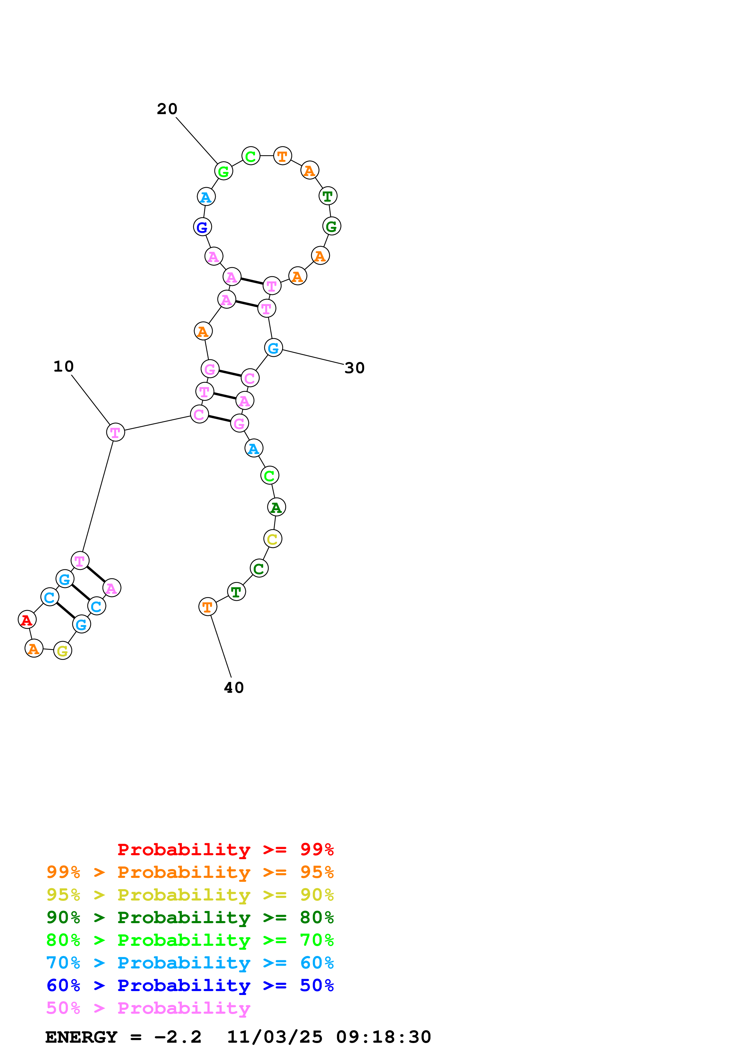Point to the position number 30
coord(354,368)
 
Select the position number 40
coord(234,688)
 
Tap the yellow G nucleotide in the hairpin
coord(62,651)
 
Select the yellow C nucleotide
coord(272,539)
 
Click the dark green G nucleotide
coord(331,226)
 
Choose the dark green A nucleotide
coord(276,507)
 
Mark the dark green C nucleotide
coord(259,569)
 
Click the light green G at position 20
coord(223,171)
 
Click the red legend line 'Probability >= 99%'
coord(225,849)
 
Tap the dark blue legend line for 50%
coord(190,985)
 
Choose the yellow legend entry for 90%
coord(190,895)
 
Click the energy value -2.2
coord(178,1037)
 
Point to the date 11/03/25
coord(275,1037)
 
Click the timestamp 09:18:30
coord(383,1037)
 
